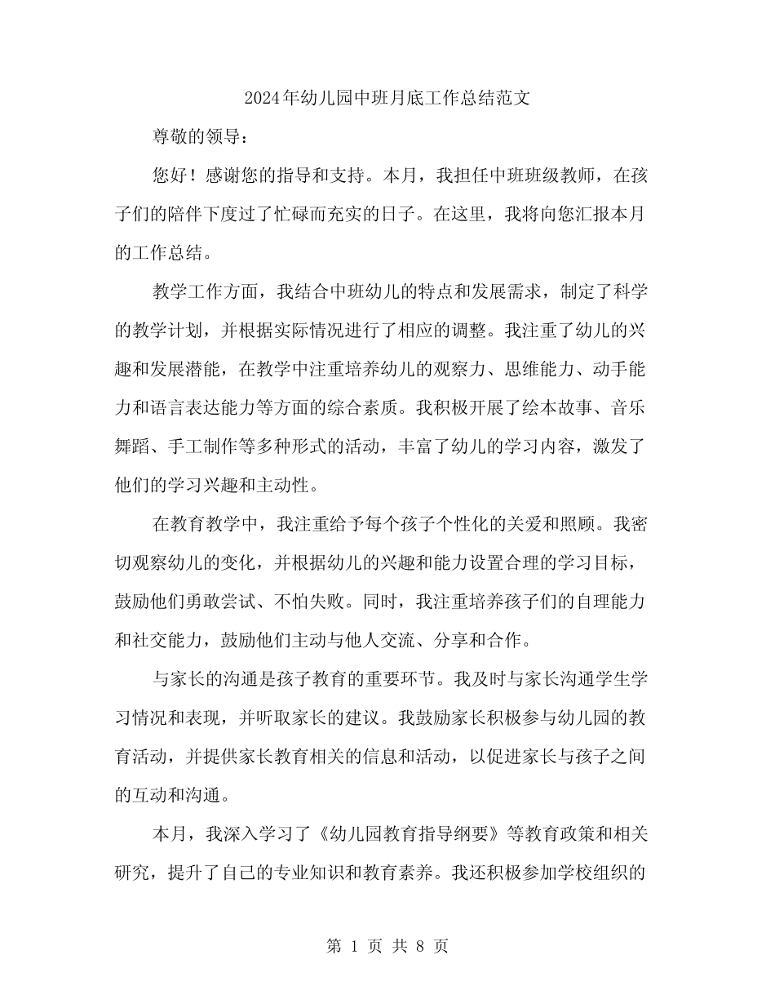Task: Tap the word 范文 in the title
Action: [515, 99]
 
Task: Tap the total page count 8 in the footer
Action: [420, 946]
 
